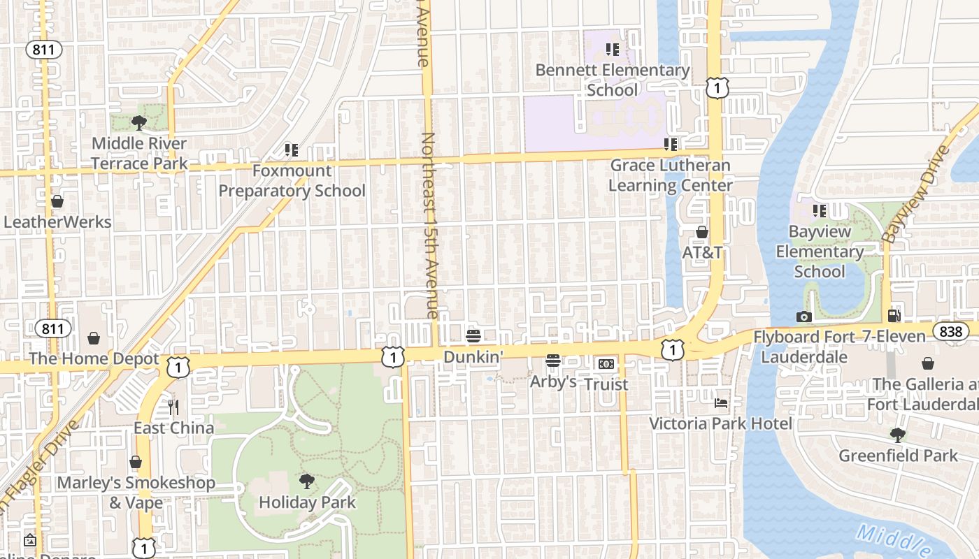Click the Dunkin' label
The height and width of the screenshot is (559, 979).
[473, 357]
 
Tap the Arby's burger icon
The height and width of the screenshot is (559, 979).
[553, 361]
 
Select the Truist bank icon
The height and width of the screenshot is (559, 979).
[606, 364]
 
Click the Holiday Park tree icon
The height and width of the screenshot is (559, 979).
[306, 481]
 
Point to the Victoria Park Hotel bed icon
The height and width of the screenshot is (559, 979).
[721, 403]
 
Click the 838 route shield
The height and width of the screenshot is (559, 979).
[950, 331]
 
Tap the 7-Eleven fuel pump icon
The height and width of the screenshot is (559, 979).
[894, 316]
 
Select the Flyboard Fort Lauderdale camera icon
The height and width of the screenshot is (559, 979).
[803, 317]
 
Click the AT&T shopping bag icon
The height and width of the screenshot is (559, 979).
[701, 232]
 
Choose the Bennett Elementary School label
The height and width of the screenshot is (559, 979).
[613, 80]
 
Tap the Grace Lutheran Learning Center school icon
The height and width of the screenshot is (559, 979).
[671, 145]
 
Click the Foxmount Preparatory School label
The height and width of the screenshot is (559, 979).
[292, 180]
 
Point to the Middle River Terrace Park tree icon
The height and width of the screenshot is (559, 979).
[139, 123]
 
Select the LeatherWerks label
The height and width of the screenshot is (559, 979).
[57, 222]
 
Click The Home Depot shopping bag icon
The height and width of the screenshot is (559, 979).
[94, 339]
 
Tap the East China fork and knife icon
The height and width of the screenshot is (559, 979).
[173, 407]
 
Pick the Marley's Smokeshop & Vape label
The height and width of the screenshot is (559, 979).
[136, 493]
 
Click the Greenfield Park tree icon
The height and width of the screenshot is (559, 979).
[898, 435]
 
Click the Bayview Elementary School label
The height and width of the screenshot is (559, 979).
[820, 252]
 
